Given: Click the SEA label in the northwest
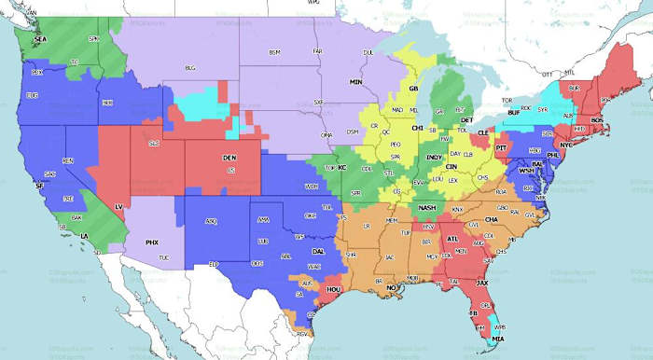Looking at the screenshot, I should coord(40,40).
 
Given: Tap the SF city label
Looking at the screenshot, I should coord(39,187).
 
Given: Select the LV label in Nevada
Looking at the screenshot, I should coord(118,206).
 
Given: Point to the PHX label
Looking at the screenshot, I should coord(152,242).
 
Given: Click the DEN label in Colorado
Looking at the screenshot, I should coord(229,159).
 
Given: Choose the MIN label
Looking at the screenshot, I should coord(355,82).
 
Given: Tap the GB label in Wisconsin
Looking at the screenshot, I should coord(414,89).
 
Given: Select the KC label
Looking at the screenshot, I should coord(341,167).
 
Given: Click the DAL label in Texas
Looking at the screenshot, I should coord(320,252).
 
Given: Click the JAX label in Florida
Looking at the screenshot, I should coord(481,282).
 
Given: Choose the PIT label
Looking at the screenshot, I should coord(501,148).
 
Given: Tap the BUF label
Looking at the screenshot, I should coord(512,113).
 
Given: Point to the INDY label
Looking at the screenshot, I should coord(433,158).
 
